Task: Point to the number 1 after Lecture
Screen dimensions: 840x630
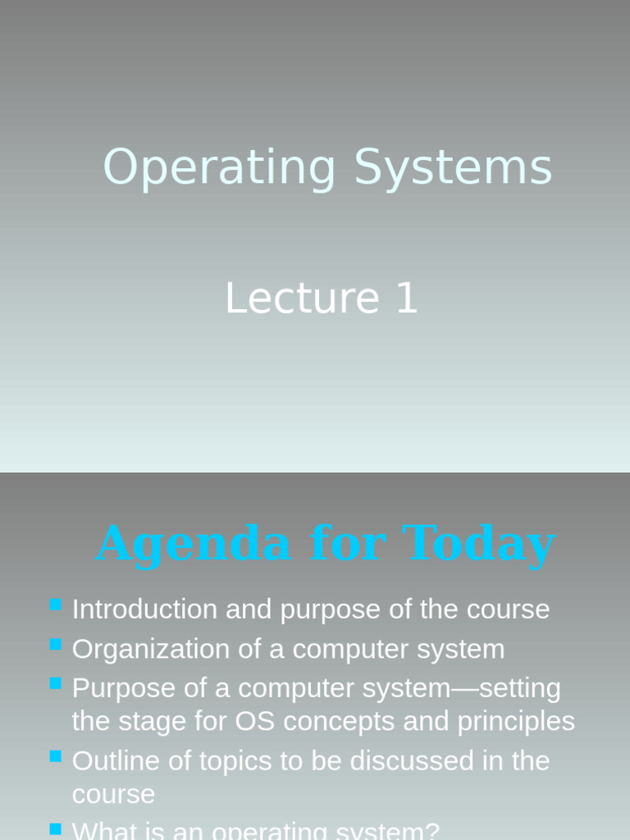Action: pyautogui.click(x=407, y=298)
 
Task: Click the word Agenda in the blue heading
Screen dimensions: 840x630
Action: pyautogui.click(x=194, y=544)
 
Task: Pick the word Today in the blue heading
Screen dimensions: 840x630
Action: pyautogui.click(x=479, y=544)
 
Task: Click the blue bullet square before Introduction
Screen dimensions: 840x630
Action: pyautogui.click(x=56, y=605)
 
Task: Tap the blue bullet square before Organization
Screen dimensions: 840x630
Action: pyautogui.click(x=56, y=645)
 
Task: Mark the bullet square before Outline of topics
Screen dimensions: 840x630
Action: pyautogui.click(x=56, y=756)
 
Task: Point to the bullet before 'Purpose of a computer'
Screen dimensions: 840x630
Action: pyautogui.click(x=56, y=683)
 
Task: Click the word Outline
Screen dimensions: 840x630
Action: pyautogui.click(x=116, y=761)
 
